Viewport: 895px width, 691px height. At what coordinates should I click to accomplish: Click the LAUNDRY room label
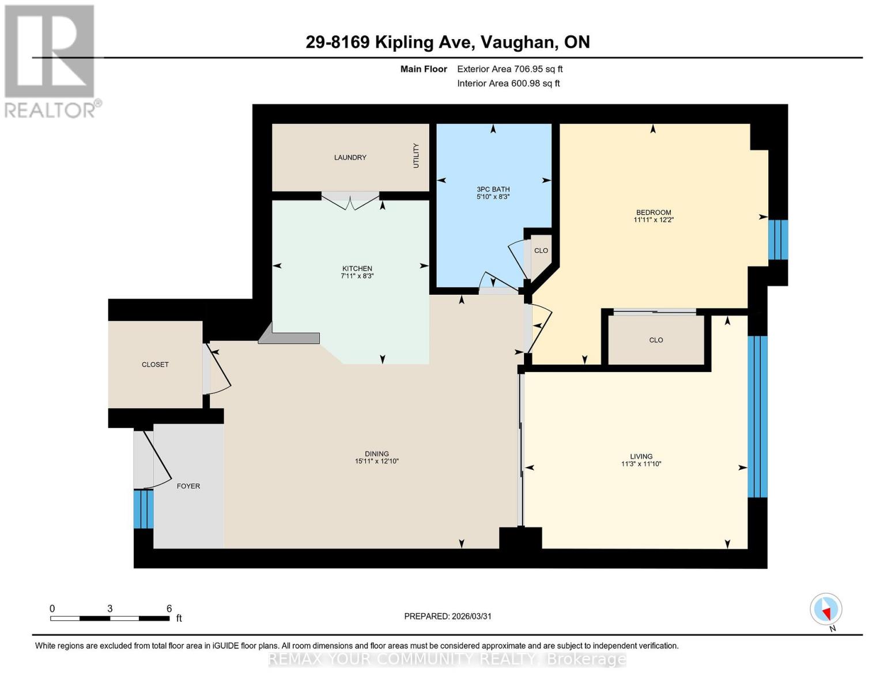point(350,157)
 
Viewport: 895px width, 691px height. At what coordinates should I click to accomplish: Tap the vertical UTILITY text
point(416,155)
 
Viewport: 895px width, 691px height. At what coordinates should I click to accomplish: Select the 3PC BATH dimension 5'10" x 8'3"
point(493,197)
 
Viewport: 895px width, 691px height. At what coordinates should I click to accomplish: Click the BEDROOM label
point(653,212)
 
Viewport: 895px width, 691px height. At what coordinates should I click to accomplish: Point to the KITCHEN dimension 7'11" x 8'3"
point(357,276)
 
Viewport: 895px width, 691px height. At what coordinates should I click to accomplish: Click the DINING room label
point(376,453)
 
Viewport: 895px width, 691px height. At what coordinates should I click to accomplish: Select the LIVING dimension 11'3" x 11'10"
point(641,464)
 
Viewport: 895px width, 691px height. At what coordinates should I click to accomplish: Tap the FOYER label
point(188,486)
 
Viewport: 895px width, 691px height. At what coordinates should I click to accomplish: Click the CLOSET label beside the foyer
point(155,365)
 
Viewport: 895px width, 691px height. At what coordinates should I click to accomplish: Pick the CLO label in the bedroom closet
point(656,340)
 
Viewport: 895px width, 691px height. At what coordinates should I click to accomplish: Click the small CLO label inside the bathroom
point(541,250)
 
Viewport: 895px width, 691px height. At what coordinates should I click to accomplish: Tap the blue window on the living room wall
point(757,416)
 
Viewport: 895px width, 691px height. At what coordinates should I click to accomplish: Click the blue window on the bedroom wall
point(777,239)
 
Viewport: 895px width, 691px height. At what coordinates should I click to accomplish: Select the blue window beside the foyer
point(143,509)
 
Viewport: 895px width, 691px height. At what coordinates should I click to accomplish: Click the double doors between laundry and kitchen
point(350,198)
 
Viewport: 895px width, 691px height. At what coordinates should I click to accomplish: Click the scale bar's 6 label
point(169,608)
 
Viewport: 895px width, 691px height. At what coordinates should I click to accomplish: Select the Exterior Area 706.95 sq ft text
point(509,69)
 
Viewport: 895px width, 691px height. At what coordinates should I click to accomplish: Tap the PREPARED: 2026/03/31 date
point(447,616)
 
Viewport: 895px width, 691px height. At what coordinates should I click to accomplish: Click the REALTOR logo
point(50,60)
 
